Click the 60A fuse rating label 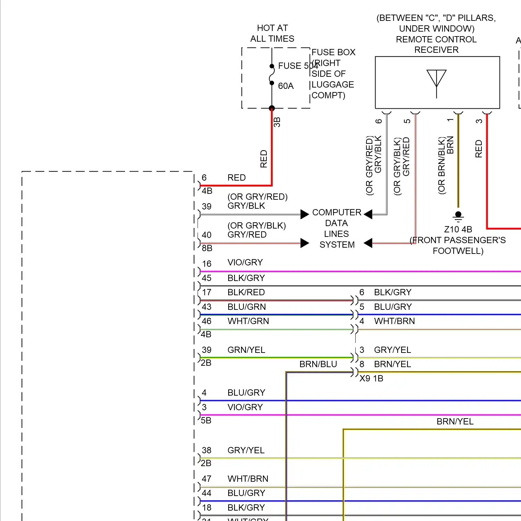click(x=286, y=86)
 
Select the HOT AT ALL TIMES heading click(x=272, y=33)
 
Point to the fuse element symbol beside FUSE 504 click(x=272, y=74)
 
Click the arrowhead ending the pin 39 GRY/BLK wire click(x=305, y=214)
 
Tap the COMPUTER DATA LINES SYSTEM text click(x=337, y=228)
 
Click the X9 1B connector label click(x=371, y=379)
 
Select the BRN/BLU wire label click(x=318, y=364)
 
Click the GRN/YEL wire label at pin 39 click(x=246, y=350)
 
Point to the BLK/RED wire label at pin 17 click(x=246, y=292)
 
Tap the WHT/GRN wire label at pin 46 click(x=248, y=321)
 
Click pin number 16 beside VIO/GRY click(x=207, y=264)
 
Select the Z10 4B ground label click(x=458, y=229)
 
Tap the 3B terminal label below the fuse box click(x=277, y=122)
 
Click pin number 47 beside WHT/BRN click(x=207, y=479)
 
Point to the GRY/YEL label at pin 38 click(x=246, y=450)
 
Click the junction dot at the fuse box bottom click(x=272, y=108)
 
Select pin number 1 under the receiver click(x=450, y=120)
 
